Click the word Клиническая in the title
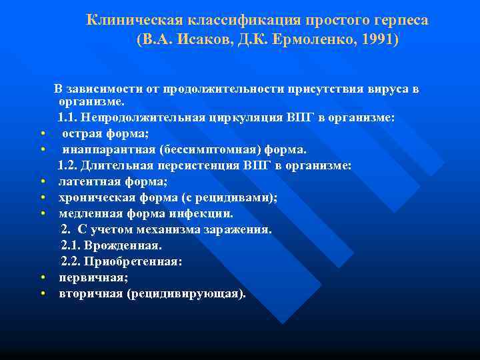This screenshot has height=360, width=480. (x=125, y=20)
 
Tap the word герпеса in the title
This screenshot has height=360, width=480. (x=399, y=20)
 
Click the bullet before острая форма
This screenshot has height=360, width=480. (x=42, y=133)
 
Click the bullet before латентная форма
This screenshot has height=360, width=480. (x=42, y=181)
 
